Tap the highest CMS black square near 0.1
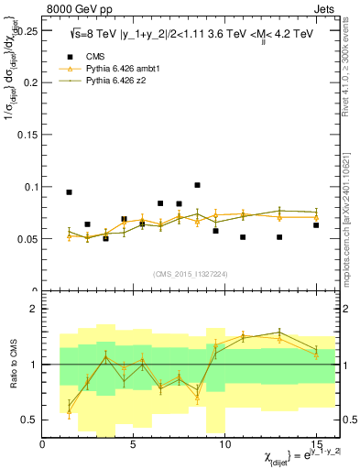click(x=197, y=185)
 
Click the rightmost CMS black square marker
click(x=316, y=225)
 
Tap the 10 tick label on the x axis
click(x=224, y=444)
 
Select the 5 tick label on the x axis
click(x=134, y=444)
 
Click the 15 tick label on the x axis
click(x=316, y=444)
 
